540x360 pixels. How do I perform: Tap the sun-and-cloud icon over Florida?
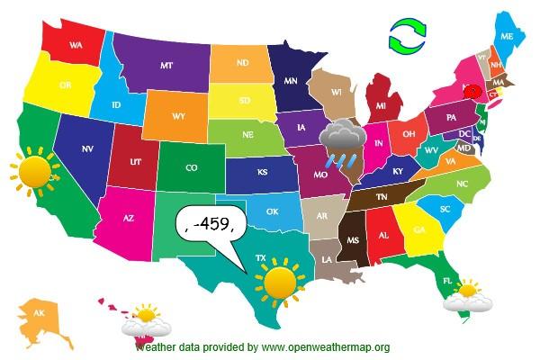pos(468,296)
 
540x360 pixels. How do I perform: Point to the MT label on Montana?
pos(166,66)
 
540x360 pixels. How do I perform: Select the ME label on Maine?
pos(507,36)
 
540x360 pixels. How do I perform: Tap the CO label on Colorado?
pos(191,167)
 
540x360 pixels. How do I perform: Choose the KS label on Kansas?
pos(262,171)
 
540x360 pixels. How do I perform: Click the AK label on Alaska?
pos(39,313)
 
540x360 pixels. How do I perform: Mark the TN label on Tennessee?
pos(381,195)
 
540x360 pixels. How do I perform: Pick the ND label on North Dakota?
pos(241,63)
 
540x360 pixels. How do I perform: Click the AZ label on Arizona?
pos(128,218)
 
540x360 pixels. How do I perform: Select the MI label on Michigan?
pos(382,106)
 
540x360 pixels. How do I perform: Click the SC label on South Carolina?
pos(445,209)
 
